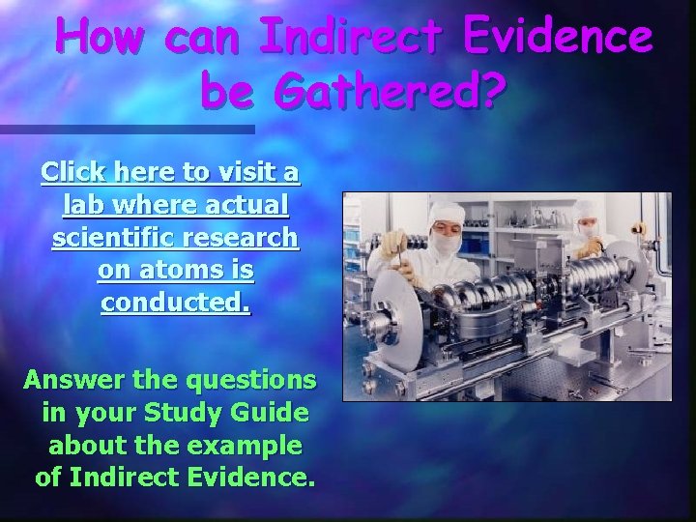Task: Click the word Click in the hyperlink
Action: [x=74, y=172]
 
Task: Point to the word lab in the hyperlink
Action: [x=84, y=205]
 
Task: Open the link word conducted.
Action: [x=176, y=304]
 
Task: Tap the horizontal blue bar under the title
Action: [x=126, y=129]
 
